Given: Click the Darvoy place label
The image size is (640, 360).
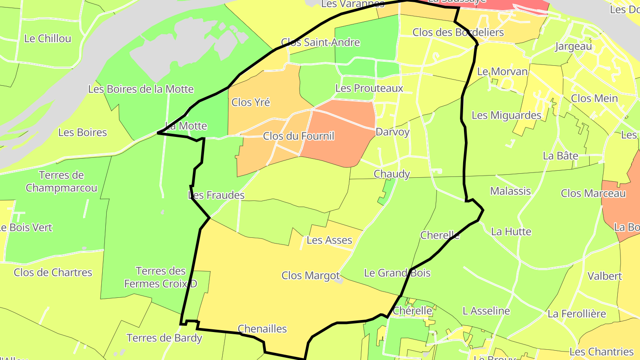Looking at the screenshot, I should [392, 132].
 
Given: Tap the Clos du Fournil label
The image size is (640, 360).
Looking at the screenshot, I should [298, 136].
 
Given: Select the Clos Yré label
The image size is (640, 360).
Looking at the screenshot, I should [251, 102].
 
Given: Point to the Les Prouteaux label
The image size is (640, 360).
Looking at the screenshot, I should [369, 88].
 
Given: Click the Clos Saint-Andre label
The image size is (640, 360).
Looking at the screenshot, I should [320, 43].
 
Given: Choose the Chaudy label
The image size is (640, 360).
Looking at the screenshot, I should [392, 174].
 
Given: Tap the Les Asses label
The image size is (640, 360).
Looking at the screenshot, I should [329, 240].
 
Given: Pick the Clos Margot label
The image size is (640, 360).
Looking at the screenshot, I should [310, 276].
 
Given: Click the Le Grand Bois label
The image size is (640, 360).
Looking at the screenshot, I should [397, 273].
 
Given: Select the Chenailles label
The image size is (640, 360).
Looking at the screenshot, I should [262, 329].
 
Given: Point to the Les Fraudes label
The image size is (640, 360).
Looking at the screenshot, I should [216, 195].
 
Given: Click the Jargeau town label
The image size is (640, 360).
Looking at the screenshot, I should [573, 46].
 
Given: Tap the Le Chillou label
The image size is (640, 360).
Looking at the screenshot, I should [48, 39].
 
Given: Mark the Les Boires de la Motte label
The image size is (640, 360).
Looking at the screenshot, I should [140, 89].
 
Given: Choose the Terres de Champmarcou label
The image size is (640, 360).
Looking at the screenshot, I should [61, 181].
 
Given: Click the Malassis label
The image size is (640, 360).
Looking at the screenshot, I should [510, 191].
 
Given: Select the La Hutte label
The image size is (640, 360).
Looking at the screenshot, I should [511, 232].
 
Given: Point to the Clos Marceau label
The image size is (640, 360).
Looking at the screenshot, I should [593, 193].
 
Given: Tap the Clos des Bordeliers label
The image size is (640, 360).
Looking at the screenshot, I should [458, 32].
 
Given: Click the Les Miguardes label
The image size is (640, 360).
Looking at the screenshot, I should [506, 116].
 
